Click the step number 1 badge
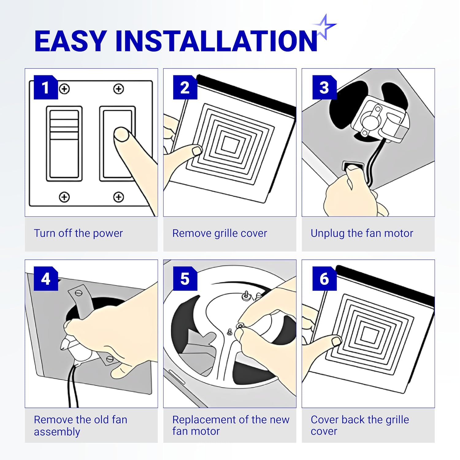click(x=46, y=87)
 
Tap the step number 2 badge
click(x=185, y=87)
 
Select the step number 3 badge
click(x=324, y=87)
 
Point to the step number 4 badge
click(x=46, y=279)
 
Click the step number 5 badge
click(x=185, y=279)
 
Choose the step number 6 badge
click(x=324, y=279)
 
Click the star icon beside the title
click(x=325, y=26)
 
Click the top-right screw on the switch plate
click(x=118, y=89)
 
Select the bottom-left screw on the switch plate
click(x=64, y=197)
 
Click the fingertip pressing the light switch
click(x=121, y=134)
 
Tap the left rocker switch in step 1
click(x=64, y=144)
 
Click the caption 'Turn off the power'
click(x=78, y=233)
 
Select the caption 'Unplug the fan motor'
click(x=362, y=233)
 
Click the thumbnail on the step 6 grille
click(x=337, y=341)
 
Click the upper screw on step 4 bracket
click(x=79, y=293)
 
